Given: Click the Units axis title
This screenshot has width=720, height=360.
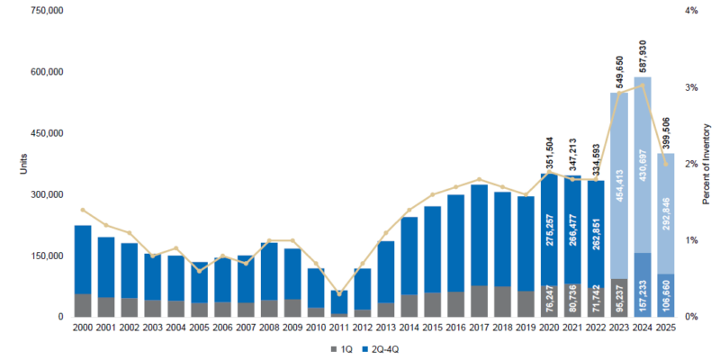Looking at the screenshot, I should click(10, 164).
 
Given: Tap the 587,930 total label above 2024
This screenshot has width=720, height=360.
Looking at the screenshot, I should click(643, 58).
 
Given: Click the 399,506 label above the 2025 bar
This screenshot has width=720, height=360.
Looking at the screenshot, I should click(666, 133).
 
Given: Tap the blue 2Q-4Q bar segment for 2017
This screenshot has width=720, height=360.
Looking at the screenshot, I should click(480, 236).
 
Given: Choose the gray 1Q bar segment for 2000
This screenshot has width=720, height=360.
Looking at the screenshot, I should click(82, 305).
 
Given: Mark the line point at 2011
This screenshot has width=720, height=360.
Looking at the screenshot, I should click(339, 294).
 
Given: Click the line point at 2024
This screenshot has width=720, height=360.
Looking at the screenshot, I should click(643, 85).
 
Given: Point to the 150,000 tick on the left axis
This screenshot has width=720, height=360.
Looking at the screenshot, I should click(46, 256).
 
